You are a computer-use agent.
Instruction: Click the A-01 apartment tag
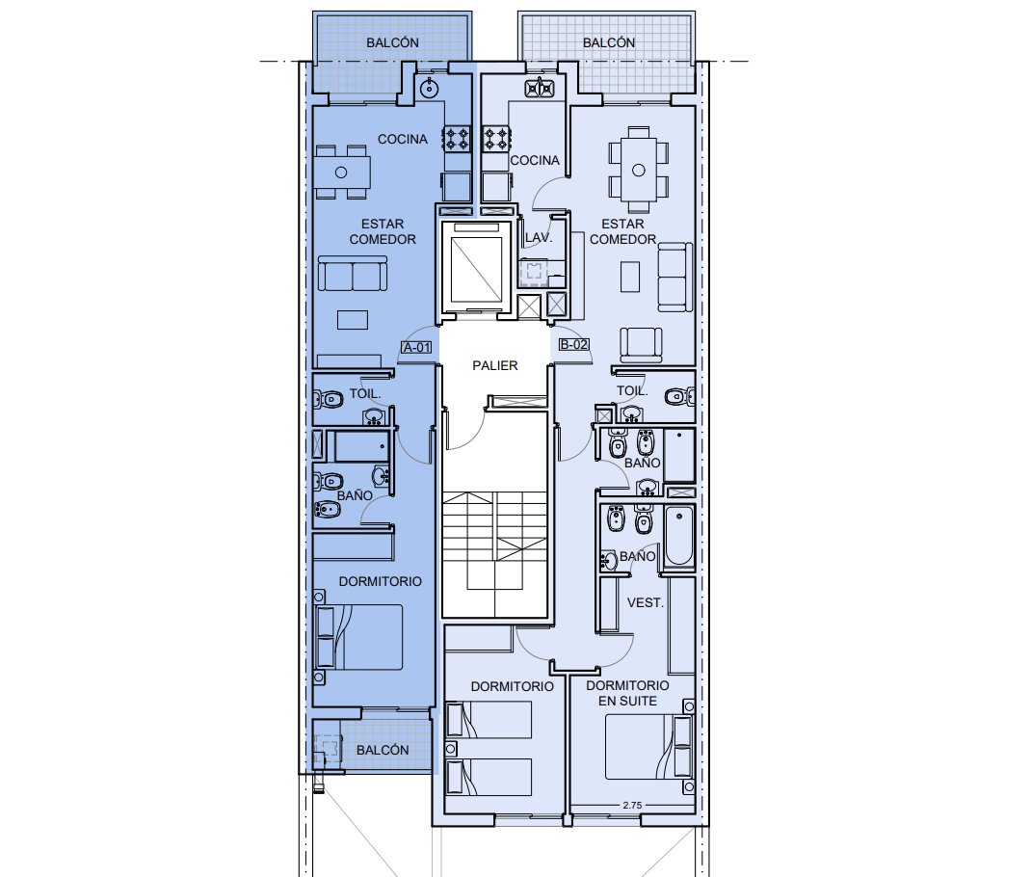click(417, 347)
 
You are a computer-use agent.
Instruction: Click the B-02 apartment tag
click(573, 344)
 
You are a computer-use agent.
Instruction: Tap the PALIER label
click(495, 365)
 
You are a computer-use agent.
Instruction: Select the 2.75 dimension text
click(632, 805)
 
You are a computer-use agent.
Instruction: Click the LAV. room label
click(538, 237)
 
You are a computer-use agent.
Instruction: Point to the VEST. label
click(645, 603)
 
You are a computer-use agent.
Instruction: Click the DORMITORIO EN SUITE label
click(627, 693)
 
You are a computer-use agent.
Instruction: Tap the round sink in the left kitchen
click(430, 87)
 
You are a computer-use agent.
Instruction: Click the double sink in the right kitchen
click(540, 87)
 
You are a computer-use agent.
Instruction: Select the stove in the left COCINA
click(457, 140)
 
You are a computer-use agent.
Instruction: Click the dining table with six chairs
click(638, 171)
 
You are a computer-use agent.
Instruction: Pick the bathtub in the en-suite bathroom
click(679, 537)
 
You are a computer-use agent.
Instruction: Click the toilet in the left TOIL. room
click(328, 398)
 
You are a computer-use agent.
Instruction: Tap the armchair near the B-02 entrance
click(641, 345)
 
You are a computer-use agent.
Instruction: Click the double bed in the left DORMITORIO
click(359, 637)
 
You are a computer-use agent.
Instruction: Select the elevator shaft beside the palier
click(477, 268)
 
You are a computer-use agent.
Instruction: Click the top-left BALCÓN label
click(392, 42)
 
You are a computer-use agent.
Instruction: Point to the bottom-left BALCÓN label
click(383, 750)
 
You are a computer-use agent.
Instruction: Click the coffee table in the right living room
click(630, 277)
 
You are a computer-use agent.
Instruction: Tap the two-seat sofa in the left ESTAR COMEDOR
click(353, 274)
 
